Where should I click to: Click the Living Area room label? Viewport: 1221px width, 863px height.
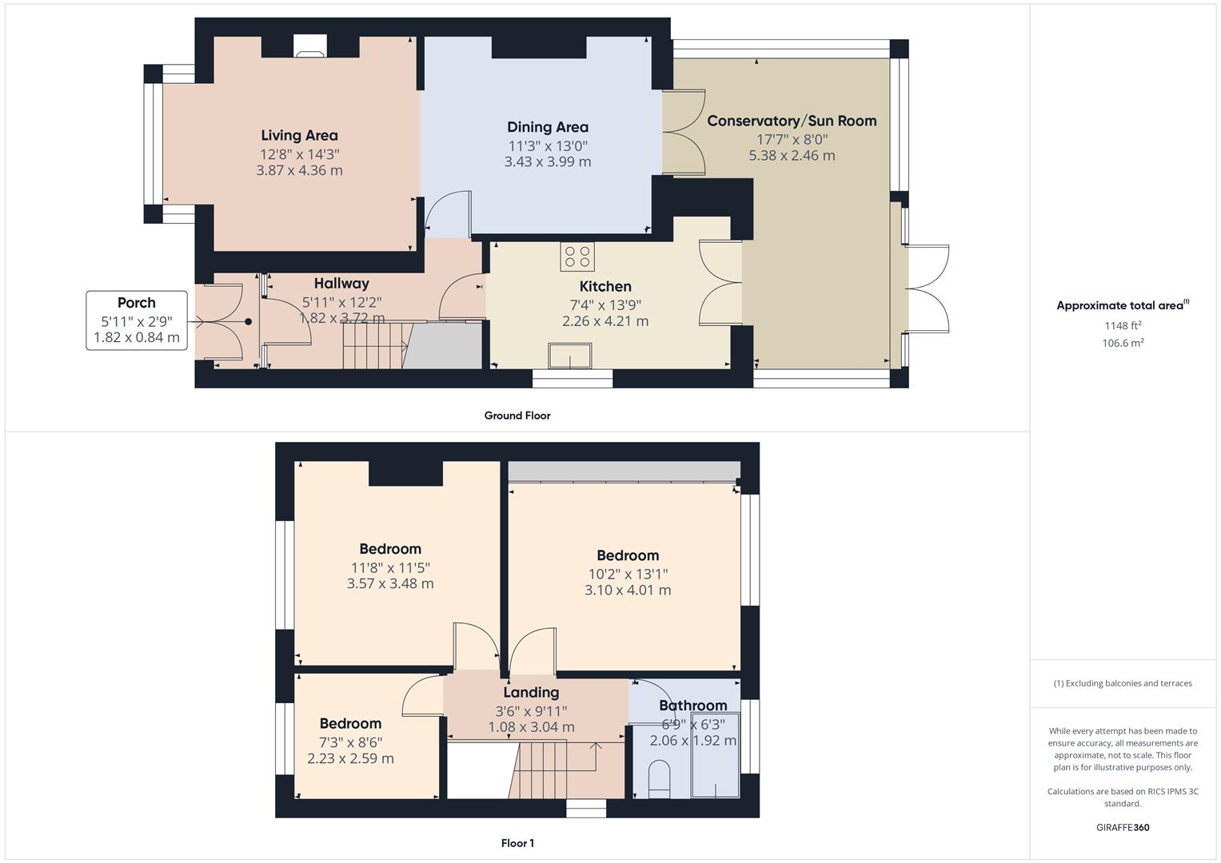coord(299,136)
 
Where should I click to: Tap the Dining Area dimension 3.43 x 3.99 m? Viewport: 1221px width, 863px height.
coord(547,162)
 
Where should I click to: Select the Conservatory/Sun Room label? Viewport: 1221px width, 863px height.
coord(792,121)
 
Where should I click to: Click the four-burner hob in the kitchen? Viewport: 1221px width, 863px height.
coord(577,257)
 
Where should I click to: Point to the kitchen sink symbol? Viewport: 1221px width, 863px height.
coord(570,356)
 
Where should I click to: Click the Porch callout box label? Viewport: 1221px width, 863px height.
coord(137,303)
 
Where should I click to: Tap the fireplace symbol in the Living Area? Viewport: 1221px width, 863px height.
coord(310,46)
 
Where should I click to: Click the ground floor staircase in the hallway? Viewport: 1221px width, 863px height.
coord(374,345)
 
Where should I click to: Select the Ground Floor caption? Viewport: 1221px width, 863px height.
coord(517,416)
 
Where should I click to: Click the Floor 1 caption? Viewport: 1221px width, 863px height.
coord(517,843)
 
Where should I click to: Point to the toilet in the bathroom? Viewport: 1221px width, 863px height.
coord(659,778)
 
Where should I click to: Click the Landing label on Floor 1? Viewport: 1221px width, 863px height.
coord(531,693)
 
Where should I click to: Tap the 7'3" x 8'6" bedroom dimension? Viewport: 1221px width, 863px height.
coord(350,742)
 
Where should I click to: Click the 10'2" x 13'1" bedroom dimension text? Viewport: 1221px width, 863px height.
coord(628,575)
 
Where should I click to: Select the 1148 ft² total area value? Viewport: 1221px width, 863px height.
coord(1123,325)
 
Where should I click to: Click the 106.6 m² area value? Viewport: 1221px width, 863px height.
coord(1123,343)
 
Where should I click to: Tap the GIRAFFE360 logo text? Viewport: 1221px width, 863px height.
coord(1123,828)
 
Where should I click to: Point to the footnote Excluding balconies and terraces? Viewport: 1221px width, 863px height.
coord(1123,683)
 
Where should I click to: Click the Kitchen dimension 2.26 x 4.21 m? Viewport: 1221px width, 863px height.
coord(605,321)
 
